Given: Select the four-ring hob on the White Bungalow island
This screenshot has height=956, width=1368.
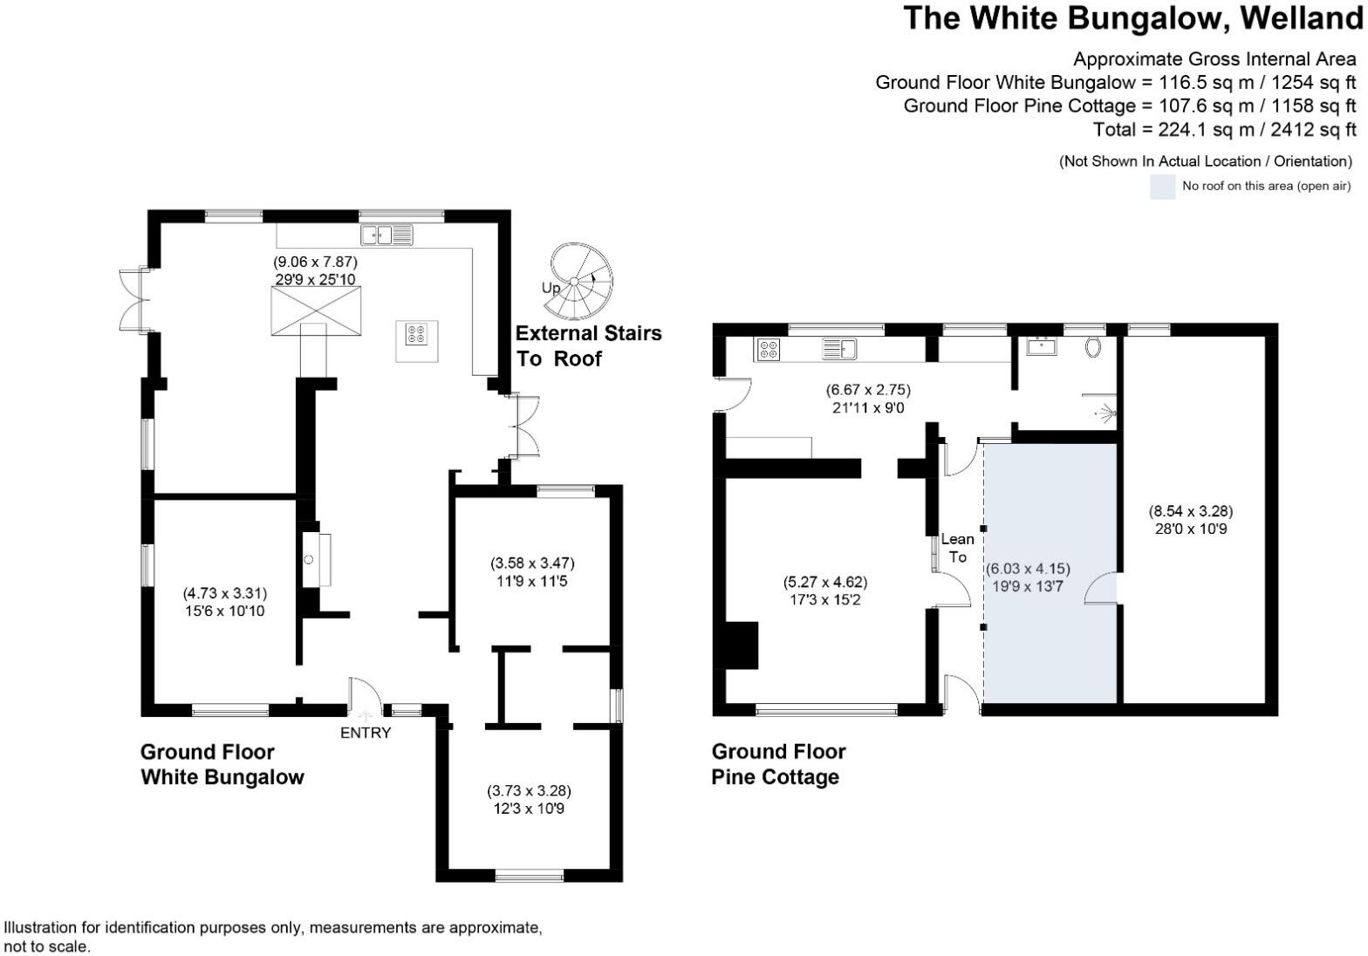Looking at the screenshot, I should pyautogui.click(x=416, y=333).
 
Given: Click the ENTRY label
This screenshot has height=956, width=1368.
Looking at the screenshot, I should pyautogui.click(x=366, y=733).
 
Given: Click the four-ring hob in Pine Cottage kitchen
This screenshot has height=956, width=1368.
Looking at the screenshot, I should pyautogui.click(x=769, y=349).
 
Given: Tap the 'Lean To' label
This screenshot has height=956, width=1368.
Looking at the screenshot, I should pyautogui.click(x=957, y=548).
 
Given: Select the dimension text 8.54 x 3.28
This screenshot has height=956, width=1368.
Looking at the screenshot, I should pyautogui.click(x=1190, y=511).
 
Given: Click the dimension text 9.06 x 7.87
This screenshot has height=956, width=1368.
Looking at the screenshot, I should pyautogui.click(x=316, y=262).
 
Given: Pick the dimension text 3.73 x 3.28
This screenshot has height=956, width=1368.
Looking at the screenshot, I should pyautogui.click(x=529, y=791).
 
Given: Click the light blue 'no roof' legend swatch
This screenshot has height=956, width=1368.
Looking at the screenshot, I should pyautogui.click(x=1162, y=187).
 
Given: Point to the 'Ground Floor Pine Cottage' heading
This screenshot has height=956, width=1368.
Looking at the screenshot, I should pyautogui.click(x=778, y=764).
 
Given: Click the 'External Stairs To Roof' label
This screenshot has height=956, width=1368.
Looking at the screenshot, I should pyautogui.click(x=588, y=345).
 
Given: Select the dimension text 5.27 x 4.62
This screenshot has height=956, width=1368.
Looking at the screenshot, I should pyautogui.click(x=825, y=582).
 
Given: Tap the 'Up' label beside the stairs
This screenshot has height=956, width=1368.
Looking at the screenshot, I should pyautogui.click(x=551, y=288).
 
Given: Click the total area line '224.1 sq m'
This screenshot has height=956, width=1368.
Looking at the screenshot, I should pyautogui.click(x=1224, y=129).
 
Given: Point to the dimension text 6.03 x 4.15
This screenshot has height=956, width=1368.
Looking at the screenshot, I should pyautogui.click(x=1028, y=569).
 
